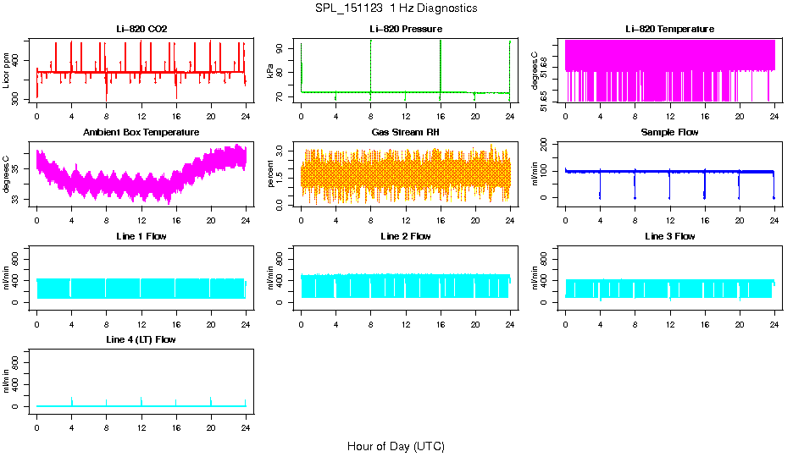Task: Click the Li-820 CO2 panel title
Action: pos(141,29)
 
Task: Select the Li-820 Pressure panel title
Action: pos(405,29)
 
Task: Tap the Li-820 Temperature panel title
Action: pos(669,29)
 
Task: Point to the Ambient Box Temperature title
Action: pos(141,132)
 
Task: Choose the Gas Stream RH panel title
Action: pos(405,132)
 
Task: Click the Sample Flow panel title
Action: pos(669,132)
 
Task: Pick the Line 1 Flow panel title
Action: pos(141,236)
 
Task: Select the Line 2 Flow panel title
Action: pos(405,236)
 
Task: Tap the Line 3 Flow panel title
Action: pos(669,236)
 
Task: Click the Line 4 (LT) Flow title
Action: pos(141,339)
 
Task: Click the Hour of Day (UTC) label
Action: pos(396,446)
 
